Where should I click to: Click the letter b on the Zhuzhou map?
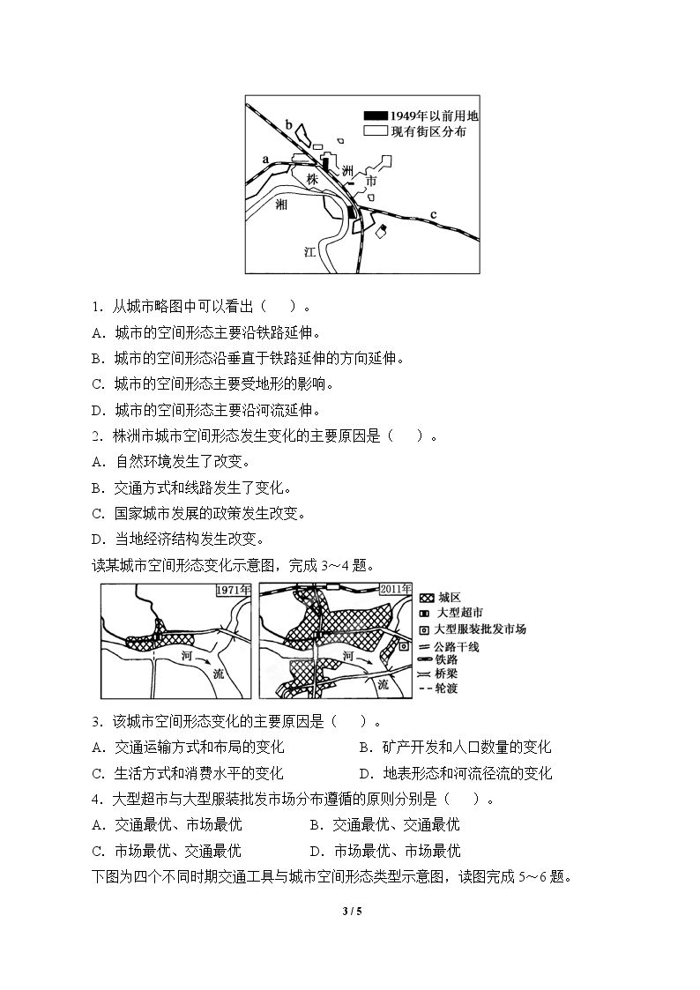click(x=289, y=124)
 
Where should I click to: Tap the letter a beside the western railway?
click(x=265, y=159)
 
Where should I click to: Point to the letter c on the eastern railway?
click(x=434, y=215)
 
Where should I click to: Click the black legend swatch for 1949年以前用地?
click(x=376, y=115)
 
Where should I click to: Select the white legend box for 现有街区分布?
click(x=376, y=131)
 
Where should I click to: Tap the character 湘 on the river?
click(x=281, y=204)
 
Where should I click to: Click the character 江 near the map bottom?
click(x=309, y=252)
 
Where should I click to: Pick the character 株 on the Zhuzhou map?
click(x=312, y=179)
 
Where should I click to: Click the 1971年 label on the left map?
click(x=233, y=590)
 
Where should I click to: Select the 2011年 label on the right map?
click(x=395, y=589)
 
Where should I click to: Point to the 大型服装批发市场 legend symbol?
click(x=425, y=629)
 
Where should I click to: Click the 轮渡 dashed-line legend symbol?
click(x=426, y=689)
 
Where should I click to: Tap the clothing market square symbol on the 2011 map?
click(x=403, y=646)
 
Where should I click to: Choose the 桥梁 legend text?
click(x=446, y=674)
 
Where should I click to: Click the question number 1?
click(x=97, y=307)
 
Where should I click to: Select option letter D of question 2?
click(x=97, y=540)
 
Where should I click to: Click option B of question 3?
click(x=455, y=748)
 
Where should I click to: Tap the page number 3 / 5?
click(x=352, y=911)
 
